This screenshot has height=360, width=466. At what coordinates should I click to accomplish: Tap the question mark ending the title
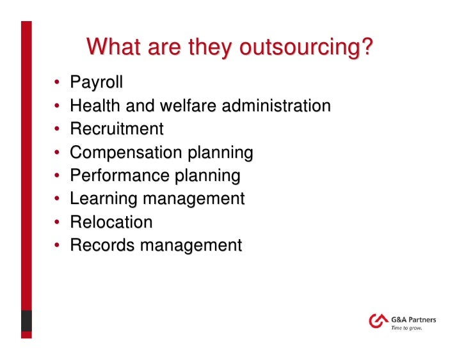click(367, 48)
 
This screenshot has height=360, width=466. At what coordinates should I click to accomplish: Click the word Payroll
click(96, 82)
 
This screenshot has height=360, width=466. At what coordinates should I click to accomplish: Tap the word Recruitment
click(116, 129)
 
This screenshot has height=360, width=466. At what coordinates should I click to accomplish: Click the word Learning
click(104, 199)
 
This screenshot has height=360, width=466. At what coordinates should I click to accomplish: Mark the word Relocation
click(111, 222)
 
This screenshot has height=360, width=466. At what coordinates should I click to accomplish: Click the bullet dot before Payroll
click(56, 83)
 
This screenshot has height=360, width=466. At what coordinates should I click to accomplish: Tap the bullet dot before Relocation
click(56, 223)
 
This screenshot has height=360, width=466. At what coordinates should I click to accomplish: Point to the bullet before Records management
click(56, 246)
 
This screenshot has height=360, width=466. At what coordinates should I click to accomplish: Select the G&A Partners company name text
click(414, 318)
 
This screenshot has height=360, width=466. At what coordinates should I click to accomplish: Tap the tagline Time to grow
click(406, 329)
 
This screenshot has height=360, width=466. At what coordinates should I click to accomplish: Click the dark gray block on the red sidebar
click(26, 320)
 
